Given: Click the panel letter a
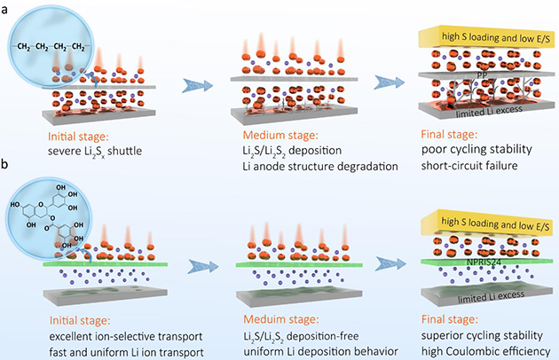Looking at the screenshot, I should pos(6,7).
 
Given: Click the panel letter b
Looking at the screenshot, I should pos(6,167).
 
